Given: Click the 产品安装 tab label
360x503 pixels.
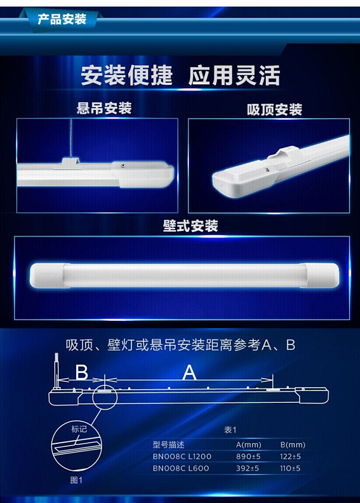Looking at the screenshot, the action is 62,20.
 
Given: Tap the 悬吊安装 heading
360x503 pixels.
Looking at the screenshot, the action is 104,108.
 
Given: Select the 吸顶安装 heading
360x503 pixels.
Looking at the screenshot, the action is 274,110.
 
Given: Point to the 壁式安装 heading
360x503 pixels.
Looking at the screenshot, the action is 190,226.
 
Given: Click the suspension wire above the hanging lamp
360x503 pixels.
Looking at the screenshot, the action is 71,138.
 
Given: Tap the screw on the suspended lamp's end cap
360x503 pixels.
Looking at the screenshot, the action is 123,165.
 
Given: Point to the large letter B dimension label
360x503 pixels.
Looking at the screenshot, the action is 82,373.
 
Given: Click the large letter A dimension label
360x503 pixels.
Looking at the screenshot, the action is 189,373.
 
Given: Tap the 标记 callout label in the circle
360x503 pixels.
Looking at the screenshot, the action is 79,429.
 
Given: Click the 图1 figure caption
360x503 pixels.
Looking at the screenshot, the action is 76,480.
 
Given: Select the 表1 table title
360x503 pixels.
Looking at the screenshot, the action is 230,430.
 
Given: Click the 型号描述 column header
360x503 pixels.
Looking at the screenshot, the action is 169,445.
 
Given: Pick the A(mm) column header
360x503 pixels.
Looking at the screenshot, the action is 248,445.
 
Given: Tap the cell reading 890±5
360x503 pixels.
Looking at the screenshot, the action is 248,456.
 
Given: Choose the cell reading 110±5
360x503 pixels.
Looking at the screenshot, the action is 290,468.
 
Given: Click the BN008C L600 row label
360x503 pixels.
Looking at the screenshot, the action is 181,468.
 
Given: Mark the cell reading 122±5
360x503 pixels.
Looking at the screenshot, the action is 290,456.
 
